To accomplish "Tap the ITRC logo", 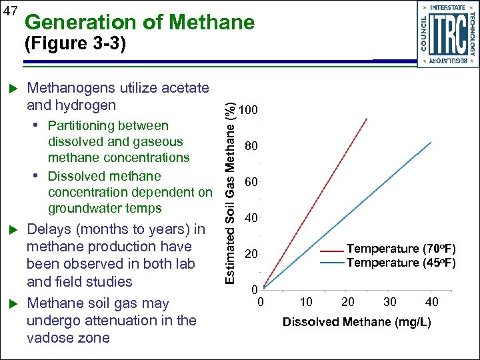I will tap(446, 33).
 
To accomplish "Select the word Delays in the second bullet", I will tap(49, 230).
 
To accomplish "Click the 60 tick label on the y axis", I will tap(251, 182).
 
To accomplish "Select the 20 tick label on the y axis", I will tap(251, 255).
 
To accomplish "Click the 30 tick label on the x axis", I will tap(389, 302).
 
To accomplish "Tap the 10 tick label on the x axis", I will tap(306, 302).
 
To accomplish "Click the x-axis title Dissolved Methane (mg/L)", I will tap(357, 323).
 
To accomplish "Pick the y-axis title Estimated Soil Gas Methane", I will tap(229, 193).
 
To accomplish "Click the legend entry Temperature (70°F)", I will tap(401, 249).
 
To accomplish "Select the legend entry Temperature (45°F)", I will tap(401, 263).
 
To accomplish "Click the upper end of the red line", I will tap(367, 119).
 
